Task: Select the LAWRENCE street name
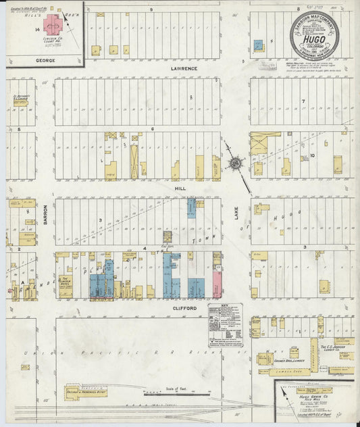coord(184,68)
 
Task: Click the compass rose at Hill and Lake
coord(236,163)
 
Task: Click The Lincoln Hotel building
coord(66,282)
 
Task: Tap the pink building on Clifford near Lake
coord(217,282)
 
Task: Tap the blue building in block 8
coord(258,46)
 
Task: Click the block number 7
coord(303,101)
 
